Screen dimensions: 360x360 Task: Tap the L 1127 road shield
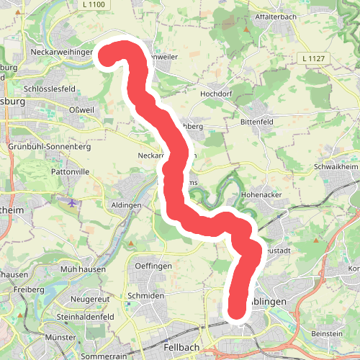[312, 58]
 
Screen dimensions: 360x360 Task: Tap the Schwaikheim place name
[336, 166]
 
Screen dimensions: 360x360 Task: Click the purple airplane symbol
[71, 203]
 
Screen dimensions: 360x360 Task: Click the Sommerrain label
[99, 356]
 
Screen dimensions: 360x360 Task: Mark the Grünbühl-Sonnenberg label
[49, 146]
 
